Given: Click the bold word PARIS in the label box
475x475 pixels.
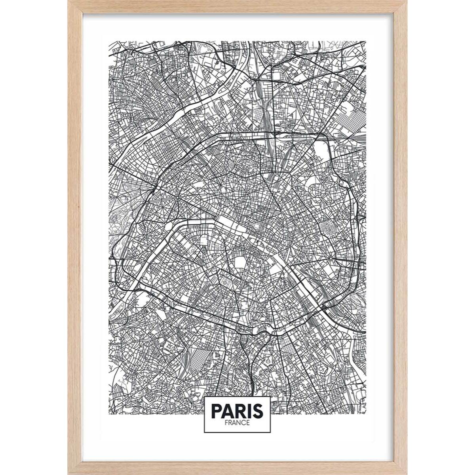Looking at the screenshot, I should pos(237,411).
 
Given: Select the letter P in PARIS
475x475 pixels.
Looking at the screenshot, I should pos(217,411).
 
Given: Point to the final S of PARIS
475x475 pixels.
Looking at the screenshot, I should pos(258,411).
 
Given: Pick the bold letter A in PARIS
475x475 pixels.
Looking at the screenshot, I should pos(227,411).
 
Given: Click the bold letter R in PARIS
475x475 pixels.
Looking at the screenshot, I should pos(239,411).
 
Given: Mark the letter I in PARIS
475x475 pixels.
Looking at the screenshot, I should pos(248,411).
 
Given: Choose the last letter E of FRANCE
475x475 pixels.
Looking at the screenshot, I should pos(248,423).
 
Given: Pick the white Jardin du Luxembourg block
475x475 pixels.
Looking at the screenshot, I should pos(241,263).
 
